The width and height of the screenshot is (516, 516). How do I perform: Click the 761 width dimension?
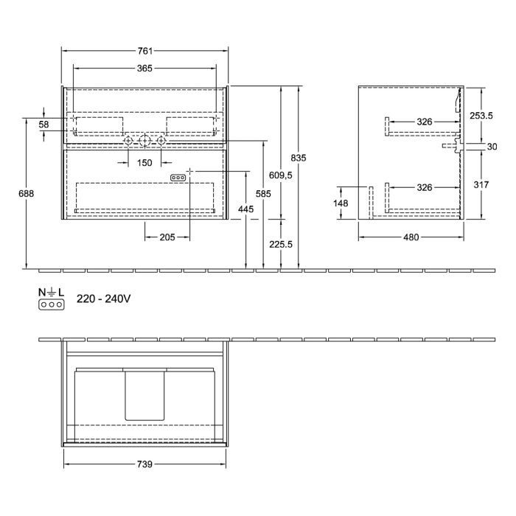(x=145, y=51)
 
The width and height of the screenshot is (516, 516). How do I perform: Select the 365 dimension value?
(x=144, y=69)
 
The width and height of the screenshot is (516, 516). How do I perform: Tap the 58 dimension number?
(x=43, y=125)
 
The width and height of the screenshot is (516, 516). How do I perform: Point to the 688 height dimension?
(x=27, y=193)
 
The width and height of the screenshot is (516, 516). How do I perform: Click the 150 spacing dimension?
(x=144, y=162)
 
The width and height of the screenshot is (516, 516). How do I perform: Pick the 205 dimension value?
(x=167, y=237)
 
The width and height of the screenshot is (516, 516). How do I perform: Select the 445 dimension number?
(x=245, y=210)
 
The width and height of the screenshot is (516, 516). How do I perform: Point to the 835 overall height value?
(x=299, y=158)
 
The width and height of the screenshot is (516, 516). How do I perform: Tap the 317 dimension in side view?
(x=481, y=185)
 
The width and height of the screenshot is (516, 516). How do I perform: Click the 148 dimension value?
(x=341, y=203)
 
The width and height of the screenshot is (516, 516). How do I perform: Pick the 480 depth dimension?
(x=411, y=237)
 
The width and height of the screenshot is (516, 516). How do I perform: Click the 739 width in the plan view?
(x=144, y=464)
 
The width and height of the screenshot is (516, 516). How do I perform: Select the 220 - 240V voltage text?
(x=103, y=299)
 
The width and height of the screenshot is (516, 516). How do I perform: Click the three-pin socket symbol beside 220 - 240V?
(x=52, y=304)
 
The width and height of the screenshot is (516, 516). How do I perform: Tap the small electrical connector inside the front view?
(x=178, y=178)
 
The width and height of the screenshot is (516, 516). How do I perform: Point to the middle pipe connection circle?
(x=144, y=140)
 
